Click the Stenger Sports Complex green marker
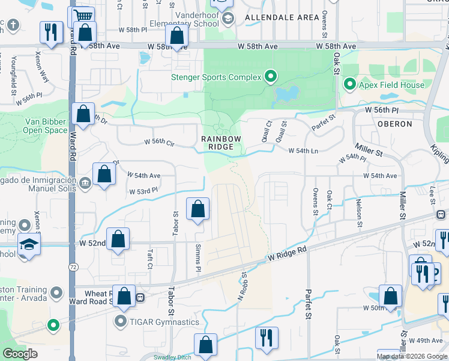271,76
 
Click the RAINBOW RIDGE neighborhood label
221,143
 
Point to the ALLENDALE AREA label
282,17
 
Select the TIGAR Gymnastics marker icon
121,322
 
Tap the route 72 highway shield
72,265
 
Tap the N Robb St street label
243,286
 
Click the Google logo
21,354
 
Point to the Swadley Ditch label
172,357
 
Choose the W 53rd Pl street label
143,191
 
